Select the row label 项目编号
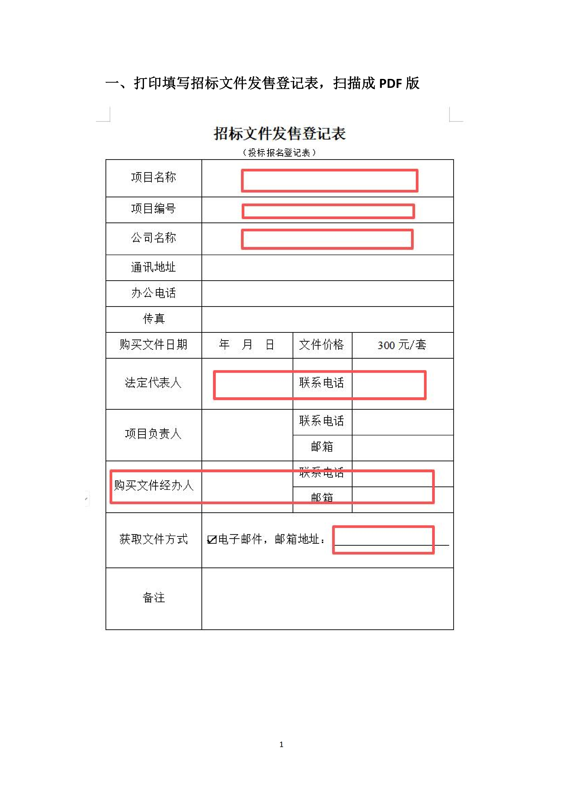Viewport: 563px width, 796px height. point(154,209)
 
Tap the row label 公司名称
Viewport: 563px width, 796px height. point(154,238)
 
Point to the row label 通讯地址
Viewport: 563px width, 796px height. point(154,267)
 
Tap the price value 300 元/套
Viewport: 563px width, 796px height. point(402,345)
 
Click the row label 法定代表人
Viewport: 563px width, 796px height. point(154,383)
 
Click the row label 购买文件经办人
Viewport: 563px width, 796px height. point(154,485)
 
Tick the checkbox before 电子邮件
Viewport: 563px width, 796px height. point(212,540)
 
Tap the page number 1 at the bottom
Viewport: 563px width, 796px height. point(282,744)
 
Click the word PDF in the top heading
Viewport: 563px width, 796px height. point(390,84)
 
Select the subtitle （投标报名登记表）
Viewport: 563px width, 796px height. point(279,152)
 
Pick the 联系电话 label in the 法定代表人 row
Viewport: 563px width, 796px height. point(322,383)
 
